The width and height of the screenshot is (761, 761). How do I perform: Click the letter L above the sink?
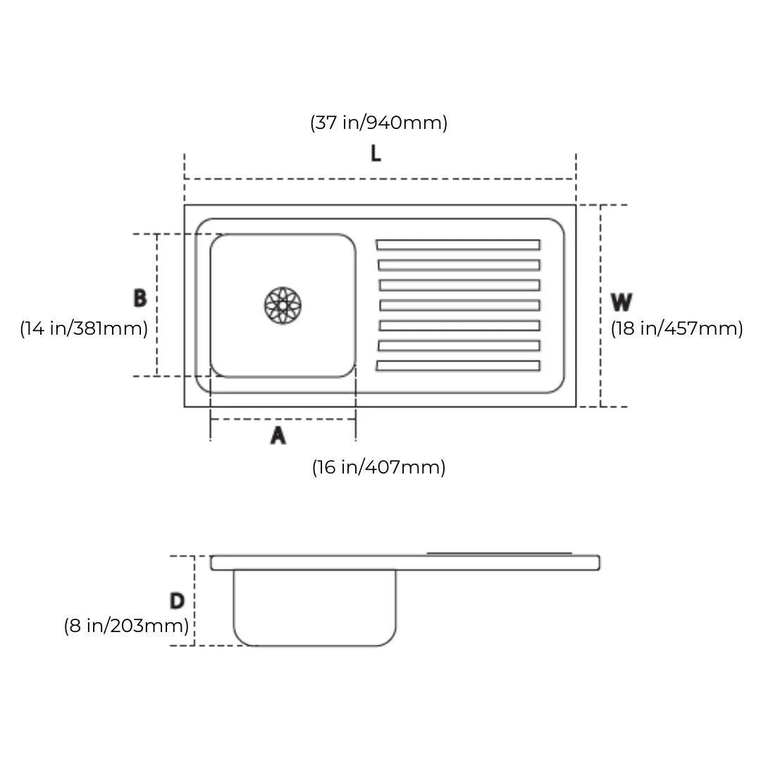point(376,154)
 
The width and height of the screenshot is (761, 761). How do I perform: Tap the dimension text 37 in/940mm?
point(378,123)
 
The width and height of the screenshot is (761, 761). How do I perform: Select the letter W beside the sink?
point(621,302)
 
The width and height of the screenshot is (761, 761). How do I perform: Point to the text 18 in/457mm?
point(676,328)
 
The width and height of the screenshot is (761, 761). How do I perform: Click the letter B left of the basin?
point(140,298)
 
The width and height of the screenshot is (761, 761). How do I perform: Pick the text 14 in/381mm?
point(83,328)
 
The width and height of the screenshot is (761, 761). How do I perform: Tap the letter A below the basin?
point(278,435)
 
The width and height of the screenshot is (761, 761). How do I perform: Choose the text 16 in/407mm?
point(378,467)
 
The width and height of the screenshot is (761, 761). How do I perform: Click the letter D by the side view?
point(177,601)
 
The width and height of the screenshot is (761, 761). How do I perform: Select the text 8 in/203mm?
point(126,626)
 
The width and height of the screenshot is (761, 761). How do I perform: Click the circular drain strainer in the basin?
point(283,305)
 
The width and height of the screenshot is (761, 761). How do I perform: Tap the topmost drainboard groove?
point(458,245)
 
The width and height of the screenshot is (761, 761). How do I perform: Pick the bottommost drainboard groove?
point(458,366)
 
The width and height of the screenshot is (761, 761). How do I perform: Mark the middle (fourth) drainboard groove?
point(459,305)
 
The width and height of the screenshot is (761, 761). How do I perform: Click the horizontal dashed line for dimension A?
point(283,419)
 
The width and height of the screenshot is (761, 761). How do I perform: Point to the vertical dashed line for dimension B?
point(156,305)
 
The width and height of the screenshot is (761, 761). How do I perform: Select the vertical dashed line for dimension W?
point(600,306)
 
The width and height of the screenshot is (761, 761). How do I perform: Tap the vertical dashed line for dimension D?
point(194,601)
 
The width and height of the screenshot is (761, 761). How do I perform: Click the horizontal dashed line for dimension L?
point(380,179)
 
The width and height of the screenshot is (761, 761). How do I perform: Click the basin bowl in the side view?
point(314,607)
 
